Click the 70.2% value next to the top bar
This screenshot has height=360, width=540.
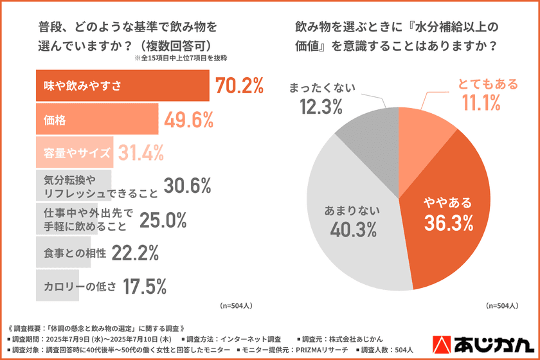240,85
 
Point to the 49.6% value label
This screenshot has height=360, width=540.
190,119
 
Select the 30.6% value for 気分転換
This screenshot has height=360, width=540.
187,186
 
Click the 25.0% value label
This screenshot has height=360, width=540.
163,220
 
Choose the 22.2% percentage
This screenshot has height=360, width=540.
135,253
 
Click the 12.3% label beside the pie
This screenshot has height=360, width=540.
321,106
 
